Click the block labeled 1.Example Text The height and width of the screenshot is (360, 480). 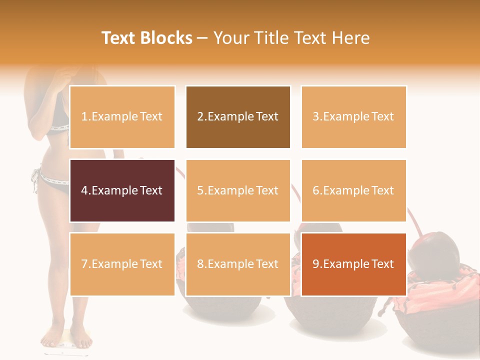(x=122, y=117)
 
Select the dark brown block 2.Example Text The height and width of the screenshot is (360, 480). (x=238, y=117)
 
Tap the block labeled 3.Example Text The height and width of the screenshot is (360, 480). (x=353, y=117)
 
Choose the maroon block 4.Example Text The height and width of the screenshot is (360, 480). (x=122, y=190)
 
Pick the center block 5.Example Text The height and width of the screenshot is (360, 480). (x=238, y=190)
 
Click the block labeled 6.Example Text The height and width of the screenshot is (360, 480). (x=353, y=190)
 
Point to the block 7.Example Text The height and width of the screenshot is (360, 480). (x=122, y=264)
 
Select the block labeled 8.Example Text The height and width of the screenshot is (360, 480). (x=238, y=264)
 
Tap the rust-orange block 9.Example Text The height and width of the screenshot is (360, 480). (x=353, y=264)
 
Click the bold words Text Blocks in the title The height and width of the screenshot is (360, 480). (x=147, y=38)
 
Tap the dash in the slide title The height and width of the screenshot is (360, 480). (x=202, y=38)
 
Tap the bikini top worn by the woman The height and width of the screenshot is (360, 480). (x=59, y=120)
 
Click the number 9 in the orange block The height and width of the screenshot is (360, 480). (x=315, y=264)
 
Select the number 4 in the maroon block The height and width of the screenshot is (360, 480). (x=84, y=190)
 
